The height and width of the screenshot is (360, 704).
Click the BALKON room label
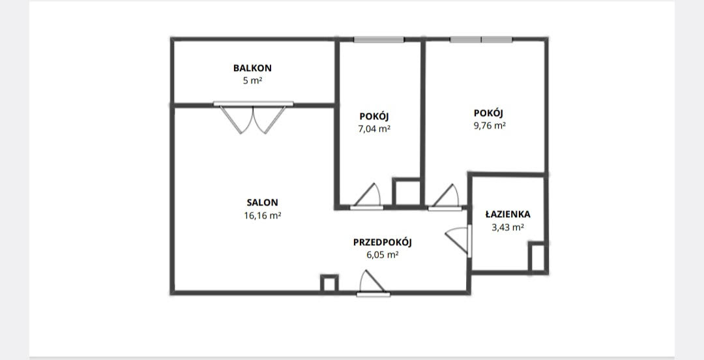pos(252,68)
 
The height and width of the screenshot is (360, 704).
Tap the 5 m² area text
pos(252,81)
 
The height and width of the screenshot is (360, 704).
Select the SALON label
pos(262,203)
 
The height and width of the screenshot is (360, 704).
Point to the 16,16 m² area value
pos(262,216)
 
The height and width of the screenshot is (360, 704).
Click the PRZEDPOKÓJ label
pos(383,242)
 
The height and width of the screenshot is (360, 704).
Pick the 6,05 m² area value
pos(383,255)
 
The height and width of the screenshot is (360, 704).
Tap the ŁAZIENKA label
pos(508,214)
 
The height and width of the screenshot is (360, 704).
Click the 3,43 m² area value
pos(508,228)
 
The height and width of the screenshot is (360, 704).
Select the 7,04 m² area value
pos(374,129)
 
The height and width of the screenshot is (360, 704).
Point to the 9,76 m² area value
pos(490,126)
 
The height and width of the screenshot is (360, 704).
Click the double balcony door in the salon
pos(253,118)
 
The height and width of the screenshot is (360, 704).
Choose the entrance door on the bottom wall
pos(373,283)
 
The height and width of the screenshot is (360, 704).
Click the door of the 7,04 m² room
pos(367,196)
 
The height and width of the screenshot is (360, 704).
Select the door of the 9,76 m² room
pos(445,198)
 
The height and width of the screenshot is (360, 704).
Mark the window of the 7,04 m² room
pos(379,40)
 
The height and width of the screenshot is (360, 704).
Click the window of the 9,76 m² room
pos(481,40)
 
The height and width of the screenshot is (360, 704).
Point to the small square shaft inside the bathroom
pos(537,257)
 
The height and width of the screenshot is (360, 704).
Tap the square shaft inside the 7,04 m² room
pos(407,192)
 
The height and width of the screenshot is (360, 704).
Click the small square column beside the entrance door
pos(329,284)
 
